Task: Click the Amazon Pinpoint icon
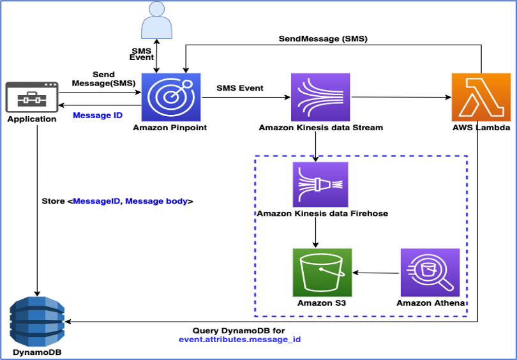(x=170, y=96)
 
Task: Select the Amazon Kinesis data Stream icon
(x=320, y=96)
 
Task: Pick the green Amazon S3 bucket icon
(x=322, y=271)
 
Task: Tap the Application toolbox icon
(x=31, y=97)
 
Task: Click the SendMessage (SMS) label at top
(x=323, y=39)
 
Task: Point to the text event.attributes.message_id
(x=239, y=340)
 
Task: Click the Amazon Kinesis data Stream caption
(x=320, y=128)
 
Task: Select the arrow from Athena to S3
(x=377, y=273)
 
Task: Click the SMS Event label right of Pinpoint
(x=240, y=87)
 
